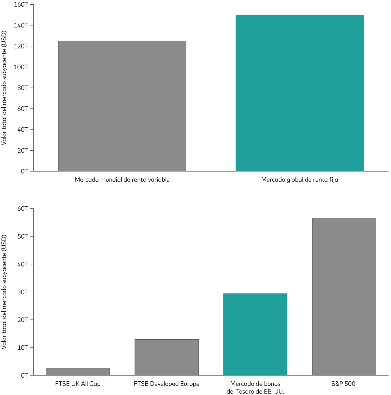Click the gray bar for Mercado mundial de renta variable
point(122,106)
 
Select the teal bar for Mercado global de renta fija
point(299,93)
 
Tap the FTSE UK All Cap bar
point(78,372)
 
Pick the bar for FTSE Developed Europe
point(167,357)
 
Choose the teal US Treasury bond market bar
point(255,334)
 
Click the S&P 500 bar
point(344,296)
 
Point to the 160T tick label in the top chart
point(21,5)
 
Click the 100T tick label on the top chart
point(21,67)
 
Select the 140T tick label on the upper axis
point(21,25)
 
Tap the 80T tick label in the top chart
point(22,88)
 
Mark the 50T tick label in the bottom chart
point(22,236)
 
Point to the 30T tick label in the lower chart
point(22,292)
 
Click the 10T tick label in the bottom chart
point(22,347)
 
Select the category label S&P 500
point(343,384)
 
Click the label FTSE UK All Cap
point(78,384)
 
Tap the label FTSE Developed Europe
point(167,384)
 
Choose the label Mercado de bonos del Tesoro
point(255,388)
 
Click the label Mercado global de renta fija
point(299,180)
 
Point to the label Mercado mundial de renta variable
point(122,180)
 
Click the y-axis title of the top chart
point(4,88)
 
